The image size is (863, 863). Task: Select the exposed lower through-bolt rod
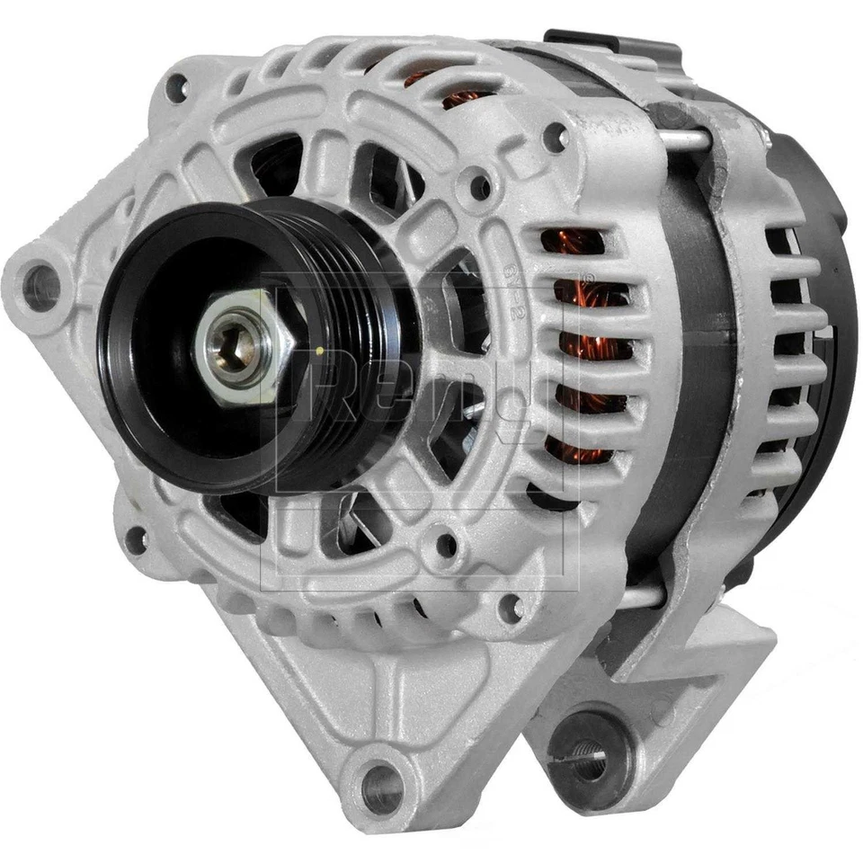(640, 596)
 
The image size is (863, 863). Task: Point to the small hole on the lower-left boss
(136, 539)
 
